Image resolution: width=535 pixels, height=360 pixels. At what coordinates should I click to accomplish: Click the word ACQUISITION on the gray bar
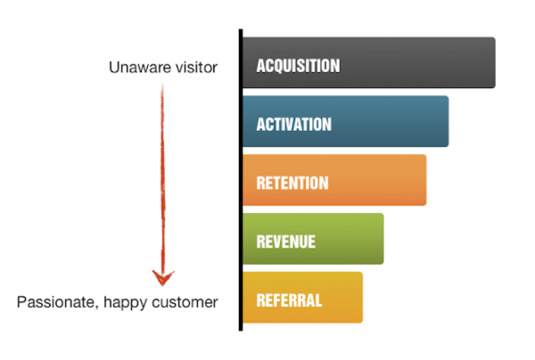298,66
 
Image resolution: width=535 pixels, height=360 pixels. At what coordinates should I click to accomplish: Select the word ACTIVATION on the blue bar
293,125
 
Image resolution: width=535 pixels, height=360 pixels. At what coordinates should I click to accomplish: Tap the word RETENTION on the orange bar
292,183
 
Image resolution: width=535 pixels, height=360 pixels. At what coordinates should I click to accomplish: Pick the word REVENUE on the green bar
286,241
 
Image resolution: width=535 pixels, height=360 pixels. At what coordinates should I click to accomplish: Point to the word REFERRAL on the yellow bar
289,300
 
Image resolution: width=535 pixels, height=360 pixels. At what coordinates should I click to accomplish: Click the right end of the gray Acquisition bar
495,62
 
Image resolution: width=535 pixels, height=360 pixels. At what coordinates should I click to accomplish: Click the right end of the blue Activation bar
449,121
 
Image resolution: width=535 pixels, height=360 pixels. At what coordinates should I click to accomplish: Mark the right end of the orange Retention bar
426,180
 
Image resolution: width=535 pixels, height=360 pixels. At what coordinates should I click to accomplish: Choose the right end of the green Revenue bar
383,239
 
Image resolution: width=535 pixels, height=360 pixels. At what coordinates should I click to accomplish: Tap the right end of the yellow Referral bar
362,298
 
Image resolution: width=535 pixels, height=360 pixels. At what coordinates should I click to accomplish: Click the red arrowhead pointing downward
163,278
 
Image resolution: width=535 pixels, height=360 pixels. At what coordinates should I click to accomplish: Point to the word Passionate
55,302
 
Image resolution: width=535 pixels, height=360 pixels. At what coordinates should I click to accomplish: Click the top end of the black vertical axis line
241,29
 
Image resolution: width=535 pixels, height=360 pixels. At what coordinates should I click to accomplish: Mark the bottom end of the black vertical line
241,330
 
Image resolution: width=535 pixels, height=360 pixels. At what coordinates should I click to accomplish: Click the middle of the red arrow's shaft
163,185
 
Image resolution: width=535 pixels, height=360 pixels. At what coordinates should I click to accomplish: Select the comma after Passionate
96,307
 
